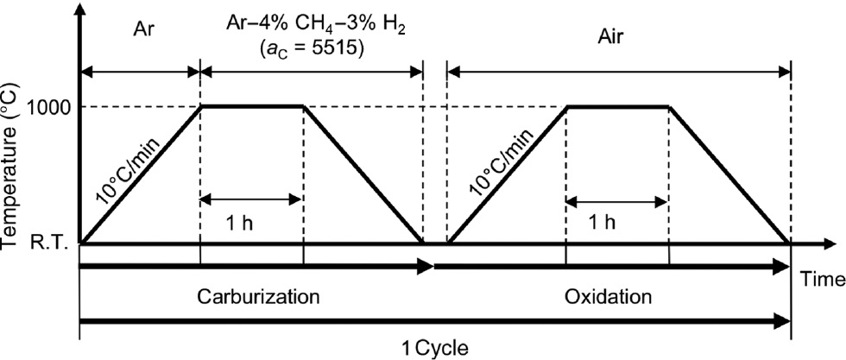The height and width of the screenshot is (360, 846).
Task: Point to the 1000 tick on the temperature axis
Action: click(x=53, y=106)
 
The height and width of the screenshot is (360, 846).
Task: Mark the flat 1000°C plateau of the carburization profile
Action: click(x=251, y=106)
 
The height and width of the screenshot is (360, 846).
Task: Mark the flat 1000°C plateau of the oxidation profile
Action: click(x=617, y=106)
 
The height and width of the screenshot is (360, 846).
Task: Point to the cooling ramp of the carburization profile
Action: click(x=363, y=174)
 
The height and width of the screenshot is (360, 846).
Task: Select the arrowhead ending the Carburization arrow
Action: click(x=426, y=269)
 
